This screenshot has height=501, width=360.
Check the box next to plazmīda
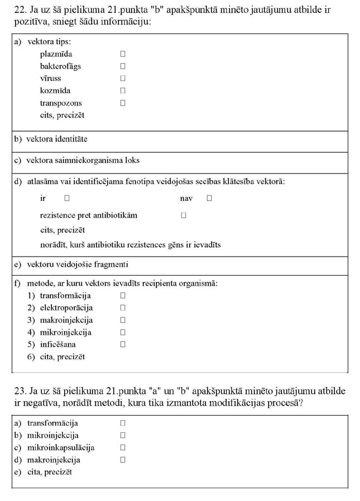(123, 54)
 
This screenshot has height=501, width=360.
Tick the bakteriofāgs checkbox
(123, 66)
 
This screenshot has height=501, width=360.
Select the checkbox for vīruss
(123, 79)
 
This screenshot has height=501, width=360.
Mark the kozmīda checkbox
(123, 90)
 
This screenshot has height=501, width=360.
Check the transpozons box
(123, 103)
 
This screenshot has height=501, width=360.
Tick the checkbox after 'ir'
(67, 198)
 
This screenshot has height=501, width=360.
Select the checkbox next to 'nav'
(209, 198)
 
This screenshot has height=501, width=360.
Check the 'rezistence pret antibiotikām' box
(184, 215)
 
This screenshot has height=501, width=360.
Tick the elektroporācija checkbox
(123, 308)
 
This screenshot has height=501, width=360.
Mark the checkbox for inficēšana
(123, 344)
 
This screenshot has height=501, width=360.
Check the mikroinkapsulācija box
(123, 447)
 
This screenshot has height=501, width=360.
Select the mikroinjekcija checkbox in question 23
(123, 435)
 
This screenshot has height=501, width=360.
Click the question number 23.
(20, 391)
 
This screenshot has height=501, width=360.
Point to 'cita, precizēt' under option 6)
(63, 357)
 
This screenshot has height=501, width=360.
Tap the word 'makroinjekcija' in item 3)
(66, 320)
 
